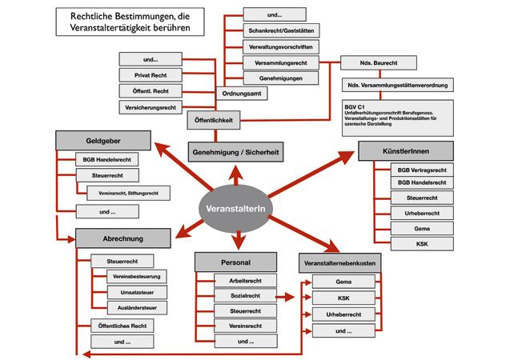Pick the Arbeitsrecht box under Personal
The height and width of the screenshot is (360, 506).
click(239, 281)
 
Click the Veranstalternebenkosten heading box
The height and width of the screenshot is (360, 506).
click(336, 262)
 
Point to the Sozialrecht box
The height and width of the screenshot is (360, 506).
click(239, 296)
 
